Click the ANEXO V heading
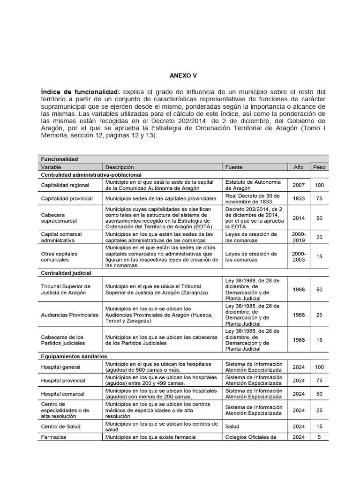[x=180, y=75]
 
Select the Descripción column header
[x=120, y=167]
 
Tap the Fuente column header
[x=234, y=167]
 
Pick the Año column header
[x=299, y=167]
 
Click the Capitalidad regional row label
[x=62, y=185]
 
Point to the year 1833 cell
[x=299, y=198]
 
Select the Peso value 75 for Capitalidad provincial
[x=319, y=198]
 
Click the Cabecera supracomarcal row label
[x=59, y=217]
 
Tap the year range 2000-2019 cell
[x=299, y=237]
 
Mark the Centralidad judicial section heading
[x=66, y=272]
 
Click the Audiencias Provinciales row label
[x=70, y=315]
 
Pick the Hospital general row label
[x=61, y=367]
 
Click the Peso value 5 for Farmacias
[x=319, y=437]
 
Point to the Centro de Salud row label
[x=60, y=426]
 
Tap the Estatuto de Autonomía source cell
[x=253, y=185]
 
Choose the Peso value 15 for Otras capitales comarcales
[x=319, y=256]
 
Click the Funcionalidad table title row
[x=60, y=159]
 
